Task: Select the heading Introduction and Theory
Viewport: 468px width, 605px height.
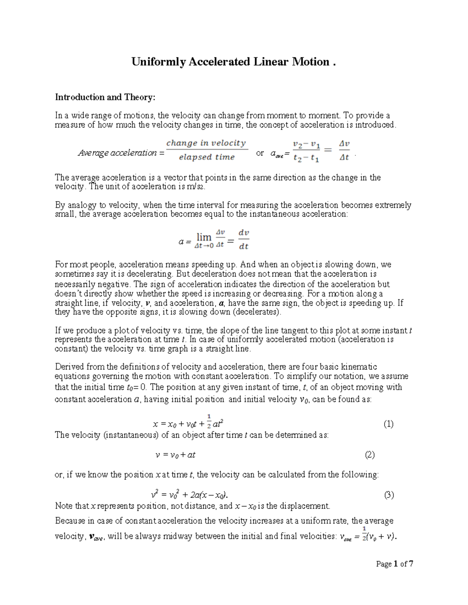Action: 105,97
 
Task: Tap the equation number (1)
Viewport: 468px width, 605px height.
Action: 388,424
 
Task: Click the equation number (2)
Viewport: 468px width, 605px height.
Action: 370,455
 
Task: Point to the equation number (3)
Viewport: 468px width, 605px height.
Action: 389,496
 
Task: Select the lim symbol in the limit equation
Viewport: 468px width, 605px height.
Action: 204,237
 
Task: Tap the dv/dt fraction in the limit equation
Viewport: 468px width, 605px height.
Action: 244,239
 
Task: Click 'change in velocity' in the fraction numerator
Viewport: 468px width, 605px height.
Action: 206,143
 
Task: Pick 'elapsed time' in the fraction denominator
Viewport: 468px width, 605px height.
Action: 207,157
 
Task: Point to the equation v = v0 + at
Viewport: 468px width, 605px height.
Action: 175,455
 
